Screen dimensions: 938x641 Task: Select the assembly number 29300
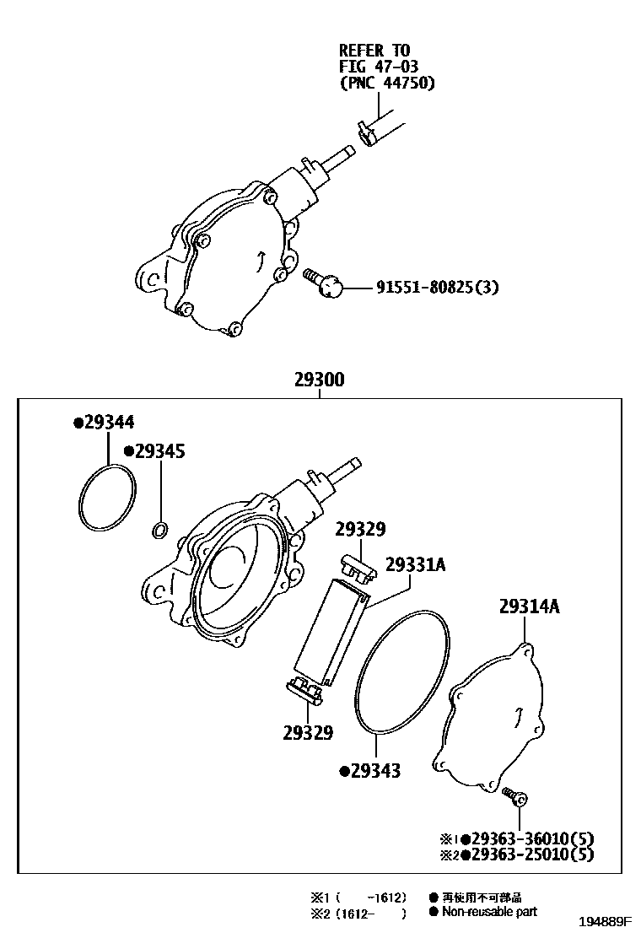[x=319, y=380]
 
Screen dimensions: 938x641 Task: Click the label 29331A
[x=414, y=564]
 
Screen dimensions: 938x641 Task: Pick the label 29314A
[x=529, y=606]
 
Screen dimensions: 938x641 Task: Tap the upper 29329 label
[x=360, y=530]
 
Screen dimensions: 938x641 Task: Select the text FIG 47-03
[x=379, y=66]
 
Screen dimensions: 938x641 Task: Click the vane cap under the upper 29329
[x=357, y=569]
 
